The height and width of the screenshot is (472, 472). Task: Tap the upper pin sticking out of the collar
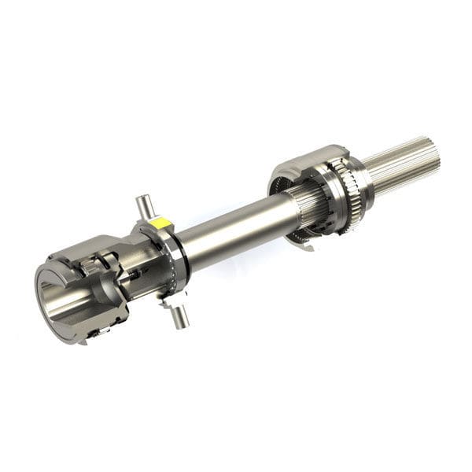tap(143, 207)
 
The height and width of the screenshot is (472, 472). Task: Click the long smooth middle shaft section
tap(228, 228)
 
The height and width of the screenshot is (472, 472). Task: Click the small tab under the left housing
tap(94, 335)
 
